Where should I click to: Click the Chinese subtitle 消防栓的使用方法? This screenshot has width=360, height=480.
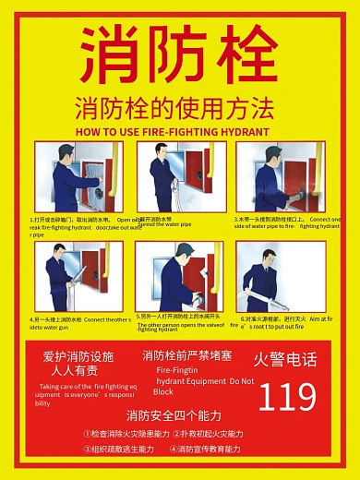coord(174,108)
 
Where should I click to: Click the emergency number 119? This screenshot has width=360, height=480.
coord(286,396)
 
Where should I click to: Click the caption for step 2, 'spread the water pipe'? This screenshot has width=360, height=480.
coord(167,222)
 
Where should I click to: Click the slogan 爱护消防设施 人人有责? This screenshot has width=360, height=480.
coord(78,362)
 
